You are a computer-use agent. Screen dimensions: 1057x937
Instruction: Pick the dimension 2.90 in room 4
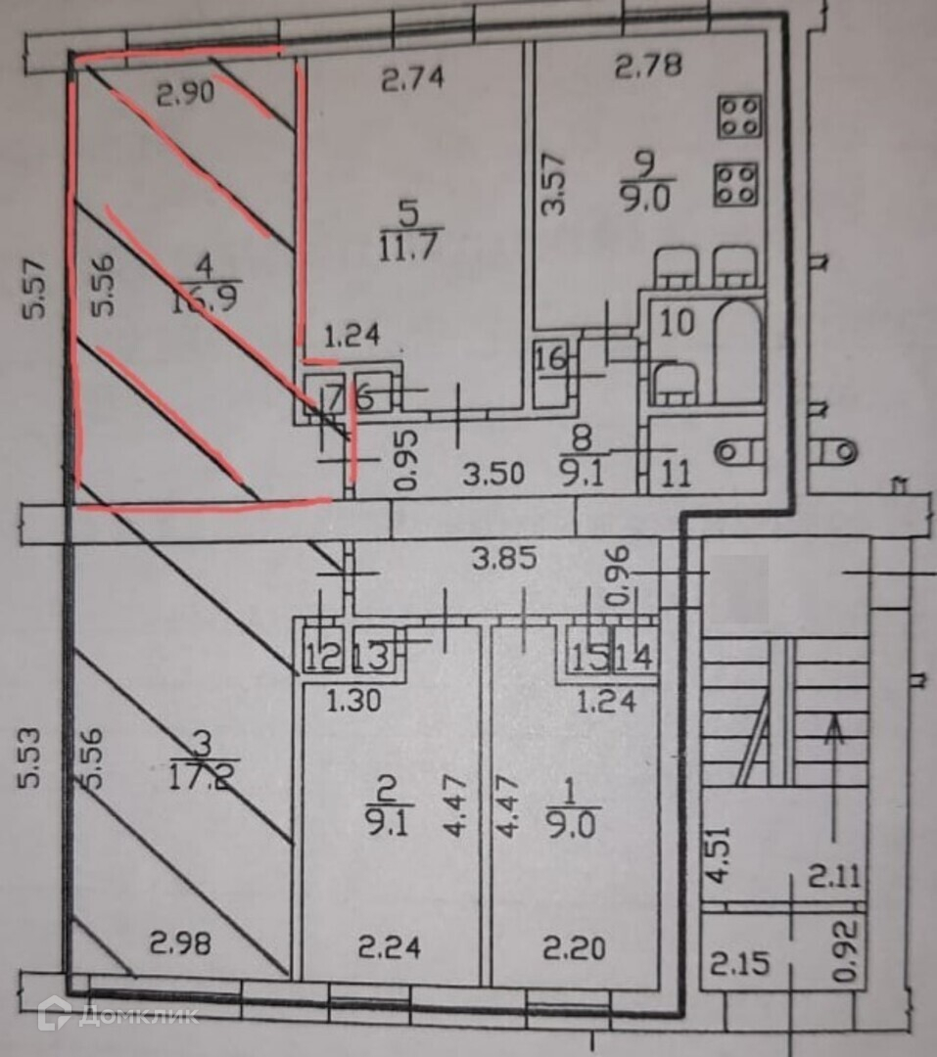point(184,96)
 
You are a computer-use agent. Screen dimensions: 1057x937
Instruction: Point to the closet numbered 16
point(551,359)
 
